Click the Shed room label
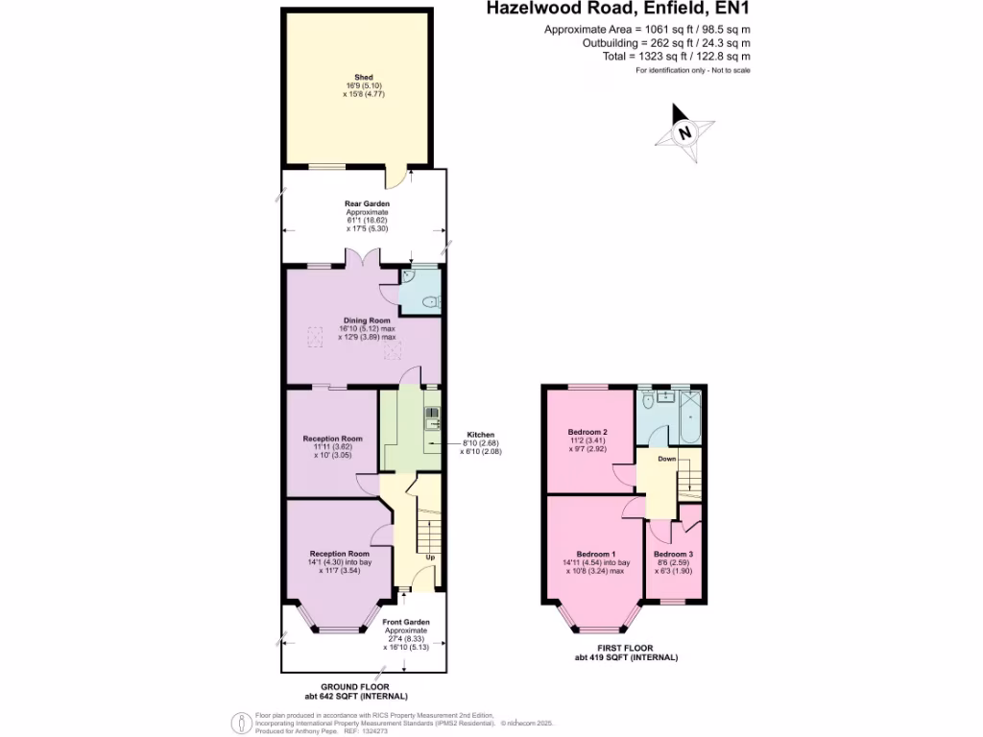point(363,77)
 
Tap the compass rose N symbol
point(683,134)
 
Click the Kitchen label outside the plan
point(480,435)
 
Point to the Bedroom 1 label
point(595,555)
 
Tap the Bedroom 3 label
point(673,555)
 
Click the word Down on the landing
point(667,460)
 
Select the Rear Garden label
point(367,203)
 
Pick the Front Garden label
point(406,623)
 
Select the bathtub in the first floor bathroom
point(689,417)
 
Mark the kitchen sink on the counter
point(431,416)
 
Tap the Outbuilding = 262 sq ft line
point(666,43)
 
